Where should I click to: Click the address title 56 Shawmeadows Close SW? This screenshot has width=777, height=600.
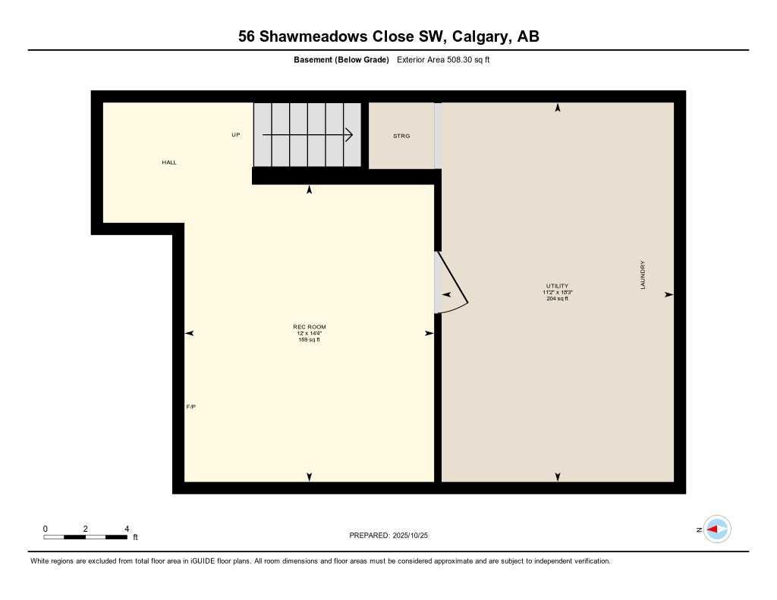pos(388,36)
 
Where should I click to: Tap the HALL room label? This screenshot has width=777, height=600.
pos(169,162)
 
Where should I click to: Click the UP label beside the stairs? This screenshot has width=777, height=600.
pos(236,135)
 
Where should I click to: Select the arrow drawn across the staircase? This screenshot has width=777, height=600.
pos(307,135)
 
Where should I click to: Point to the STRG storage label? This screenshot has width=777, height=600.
pos(401,136)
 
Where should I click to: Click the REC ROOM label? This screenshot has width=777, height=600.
pos(309,327)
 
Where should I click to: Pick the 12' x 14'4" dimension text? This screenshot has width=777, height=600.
pos(309,333)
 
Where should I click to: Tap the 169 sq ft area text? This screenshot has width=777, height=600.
pos(309,340)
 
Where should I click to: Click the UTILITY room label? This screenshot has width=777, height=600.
pos(557,286)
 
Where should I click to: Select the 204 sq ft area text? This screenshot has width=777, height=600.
pos(557,299)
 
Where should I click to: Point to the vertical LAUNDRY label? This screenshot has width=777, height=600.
pos(643,275)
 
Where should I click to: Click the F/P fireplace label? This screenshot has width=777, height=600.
pos(191,407)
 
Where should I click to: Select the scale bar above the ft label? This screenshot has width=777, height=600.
pos(85,537)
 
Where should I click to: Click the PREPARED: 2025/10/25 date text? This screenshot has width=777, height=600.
pos(388,536)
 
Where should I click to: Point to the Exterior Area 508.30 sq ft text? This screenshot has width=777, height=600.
pos(443,60)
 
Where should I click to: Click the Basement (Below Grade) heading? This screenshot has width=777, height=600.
pos(341,60)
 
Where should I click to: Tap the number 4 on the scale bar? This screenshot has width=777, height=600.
pos(127,529)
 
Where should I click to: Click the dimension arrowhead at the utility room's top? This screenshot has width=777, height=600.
pos(558,108)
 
